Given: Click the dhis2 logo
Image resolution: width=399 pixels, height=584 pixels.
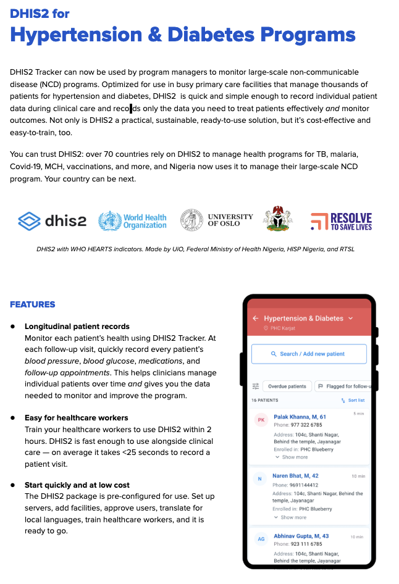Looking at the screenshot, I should click(52, 220).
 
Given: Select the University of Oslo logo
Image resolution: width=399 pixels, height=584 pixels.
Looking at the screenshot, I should click(216, 220).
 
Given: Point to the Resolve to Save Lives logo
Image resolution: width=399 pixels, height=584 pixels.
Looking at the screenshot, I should click(341, 220).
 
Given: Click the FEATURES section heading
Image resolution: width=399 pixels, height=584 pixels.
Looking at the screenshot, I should click(32, 304).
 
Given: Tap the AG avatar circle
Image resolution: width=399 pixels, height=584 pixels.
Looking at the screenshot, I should click(261, 539).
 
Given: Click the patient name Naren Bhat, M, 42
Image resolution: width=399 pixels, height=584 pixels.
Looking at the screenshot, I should click(296, 476).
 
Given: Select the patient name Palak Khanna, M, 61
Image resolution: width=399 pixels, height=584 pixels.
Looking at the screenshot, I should click(300, 417).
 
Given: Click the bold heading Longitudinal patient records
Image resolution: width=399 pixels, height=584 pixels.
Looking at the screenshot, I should click(77, 326).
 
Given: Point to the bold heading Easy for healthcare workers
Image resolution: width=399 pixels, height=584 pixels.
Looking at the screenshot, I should click(77, 418).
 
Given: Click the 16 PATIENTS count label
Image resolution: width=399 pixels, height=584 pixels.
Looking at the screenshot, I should click(265, 401).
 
